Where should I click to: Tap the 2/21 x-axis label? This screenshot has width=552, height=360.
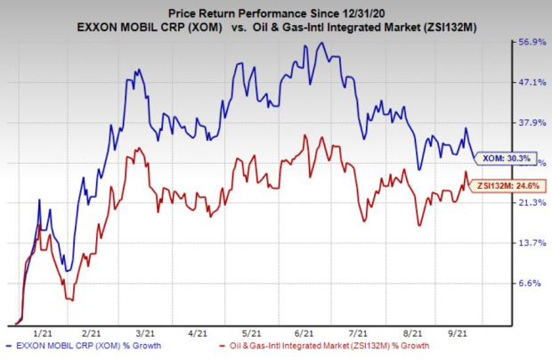pos(88,328)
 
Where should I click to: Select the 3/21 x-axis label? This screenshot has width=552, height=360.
pos(141,328)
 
